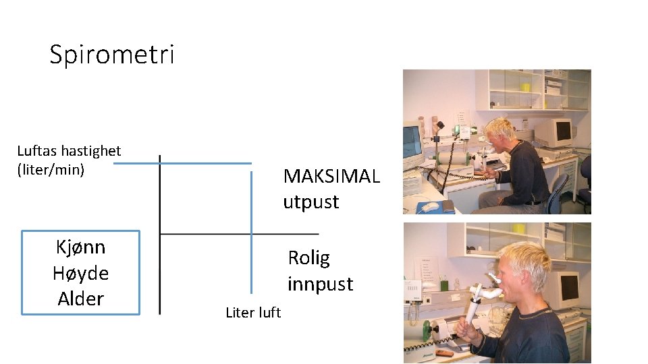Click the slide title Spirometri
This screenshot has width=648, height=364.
click(x=112, y=55)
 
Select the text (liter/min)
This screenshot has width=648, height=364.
click(x=51, y=169)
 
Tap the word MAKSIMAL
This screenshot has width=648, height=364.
click(x=331, y=177)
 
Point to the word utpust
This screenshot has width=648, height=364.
click(x=310, y=202)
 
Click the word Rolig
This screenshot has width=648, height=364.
click(x=308, y=257)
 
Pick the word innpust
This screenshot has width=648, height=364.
click(x=320, y=284)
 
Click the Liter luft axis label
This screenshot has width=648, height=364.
click(x=253, y=312)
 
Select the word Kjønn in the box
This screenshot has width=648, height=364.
click(x=80, y=247)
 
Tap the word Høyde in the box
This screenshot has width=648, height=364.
click(x=80, y=273)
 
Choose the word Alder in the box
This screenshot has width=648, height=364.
click(x=80, y=299)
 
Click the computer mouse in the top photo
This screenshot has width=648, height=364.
click(x=429, y=206)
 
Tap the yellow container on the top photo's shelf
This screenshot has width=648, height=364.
click(x=525, y=88)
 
